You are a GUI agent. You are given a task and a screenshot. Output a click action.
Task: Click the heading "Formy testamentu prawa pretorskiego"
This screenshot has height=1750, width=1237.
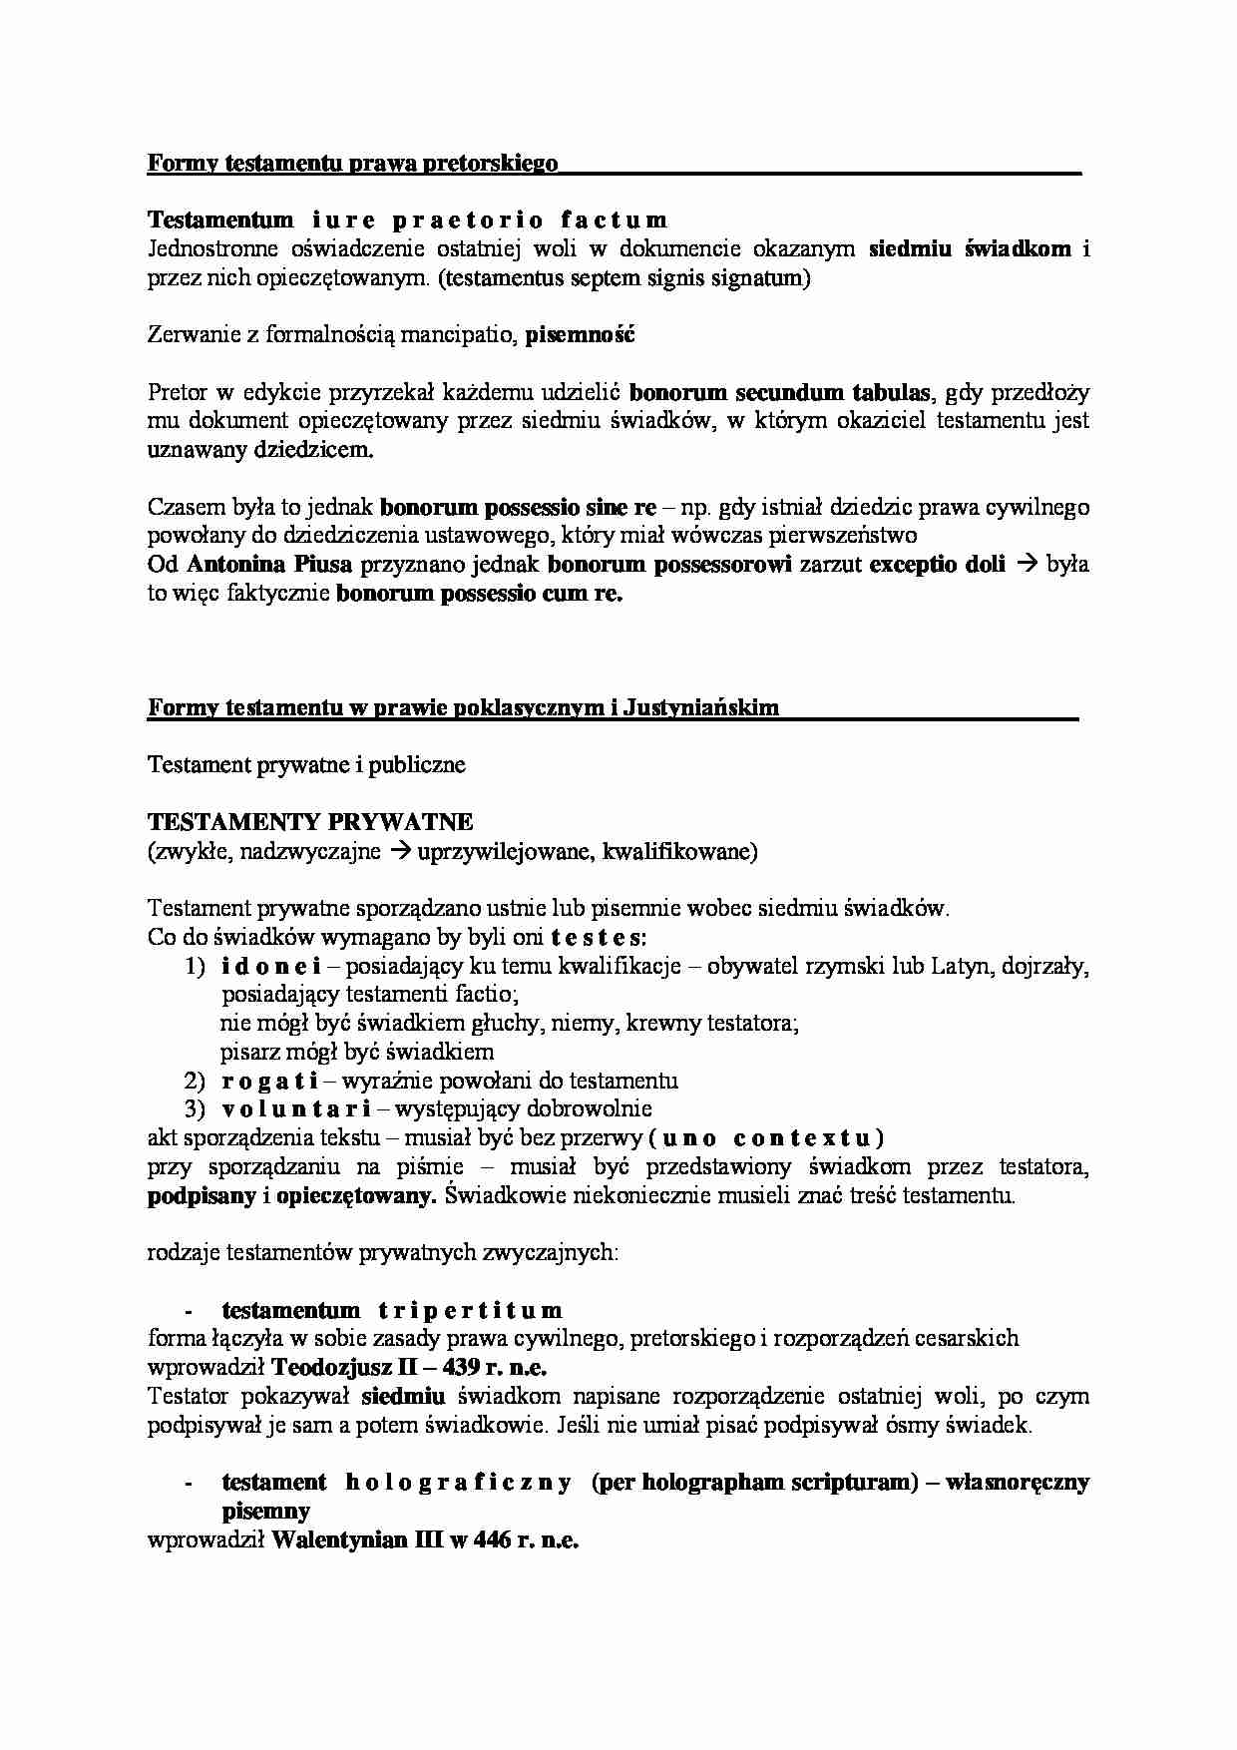pyautogui.click(x=352, y=163)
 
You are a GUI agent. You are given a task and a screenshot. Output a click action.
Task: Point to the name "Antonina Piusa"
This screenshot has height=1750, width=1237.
pyautogui.click(x=269, y=565)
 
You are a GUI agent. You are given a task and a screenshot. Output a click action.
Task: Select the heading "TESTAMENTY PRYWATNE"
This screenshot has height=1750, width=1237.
pyautogui.click(x=310, y=822)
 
